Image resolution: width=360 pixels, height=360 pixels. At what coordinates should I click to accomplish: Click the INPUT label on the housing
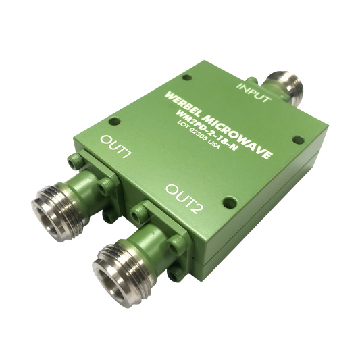click(x=253, y=93)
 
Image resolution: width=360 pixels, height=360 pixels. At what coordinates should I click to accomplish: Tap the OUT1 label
click(x=116, y=147)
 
